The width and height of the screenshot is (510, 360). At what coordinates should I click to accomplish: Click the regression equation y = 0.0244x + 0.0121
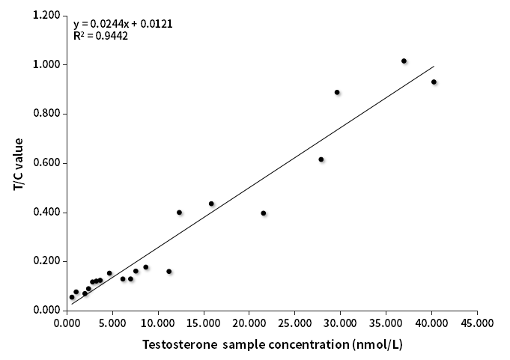coord(123,23)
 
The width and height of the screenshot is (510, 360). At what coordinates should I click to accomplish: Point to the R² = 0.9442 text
coord(100,35)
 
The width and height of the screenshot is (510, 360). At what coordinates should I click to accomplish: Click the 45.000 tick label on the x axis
coord(477,323)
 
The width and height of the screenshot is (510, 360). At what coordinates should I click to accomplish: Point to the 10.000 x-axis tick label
coord(158,323)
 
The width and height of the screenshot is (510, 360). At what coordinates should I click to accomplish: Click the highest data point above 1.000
coord(404,61)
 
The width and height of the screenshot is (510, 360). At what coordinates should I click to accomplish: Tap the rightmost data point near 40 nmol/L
coord(434,82)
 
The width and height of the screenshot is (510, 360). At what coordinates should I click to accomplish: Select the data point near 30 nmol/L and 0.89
coord(337,92)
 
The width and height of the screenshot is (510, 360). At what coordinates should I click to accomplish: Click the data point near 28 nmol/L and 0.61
coord(321,159)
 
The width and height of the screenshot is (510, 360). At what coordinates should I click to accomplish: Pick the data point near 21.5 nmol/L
coord(264,213)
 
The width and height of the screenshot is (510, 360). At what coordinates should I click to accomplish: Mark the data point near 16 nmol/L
coord(211,204)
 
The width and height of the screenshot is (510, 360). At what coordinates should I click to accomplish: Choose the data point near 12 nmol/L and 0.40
coord(179,213)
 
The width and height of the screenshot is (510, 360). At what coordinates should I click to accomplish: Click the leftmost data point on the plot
coord(72,297)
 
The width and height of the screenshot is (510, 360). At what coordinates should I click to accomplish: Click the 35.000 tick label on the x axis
coord(386,323)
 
